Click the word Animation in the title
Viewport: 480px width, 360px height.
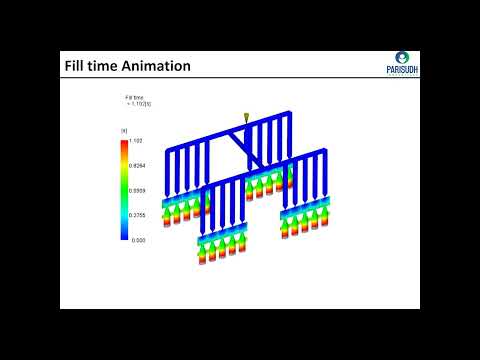(150, 67)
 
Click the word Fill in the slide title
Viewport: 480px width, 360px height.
(75, 67)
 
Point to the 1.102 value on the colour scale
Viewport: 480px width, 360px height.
(138, 142)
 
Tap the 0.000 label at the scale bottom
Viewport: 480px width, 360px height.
(138, 239)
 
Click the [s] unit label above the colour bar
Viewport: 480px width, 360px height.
(124, 131)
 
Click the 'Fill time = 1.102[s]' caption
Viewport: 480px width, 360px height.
(135, 100)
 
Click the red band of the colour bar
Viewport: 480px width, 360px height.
(124, 146)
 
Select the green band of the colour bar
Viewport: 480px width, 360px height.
(124, 190)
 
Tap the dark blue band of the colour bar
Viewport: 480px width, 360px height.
(124, 233)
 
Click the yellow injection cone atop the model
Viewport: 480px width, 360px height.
(246, 119)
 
